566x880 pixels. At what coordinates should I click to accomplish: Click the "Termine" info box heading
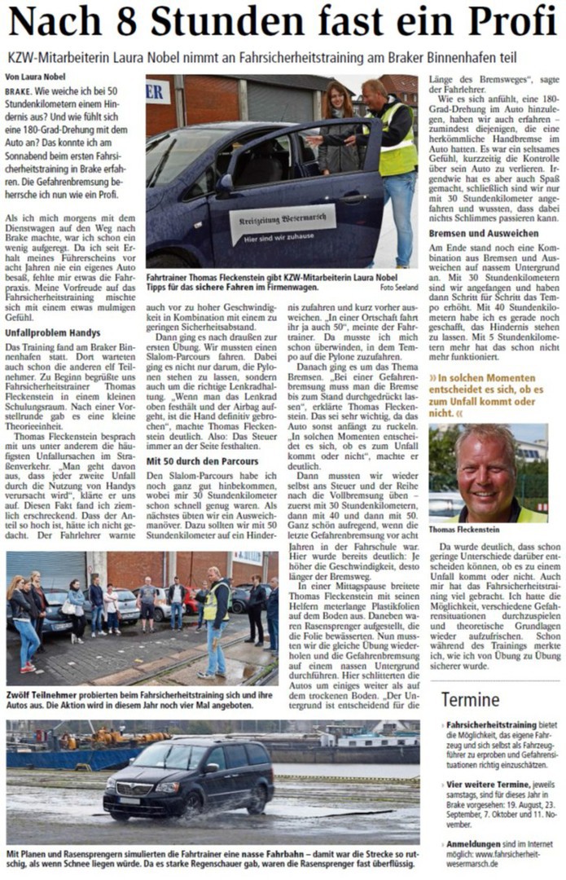click(x=471, y=699)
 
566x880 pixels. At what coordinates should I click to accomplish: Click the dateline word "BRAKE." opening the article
click(x=18, y=92)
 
